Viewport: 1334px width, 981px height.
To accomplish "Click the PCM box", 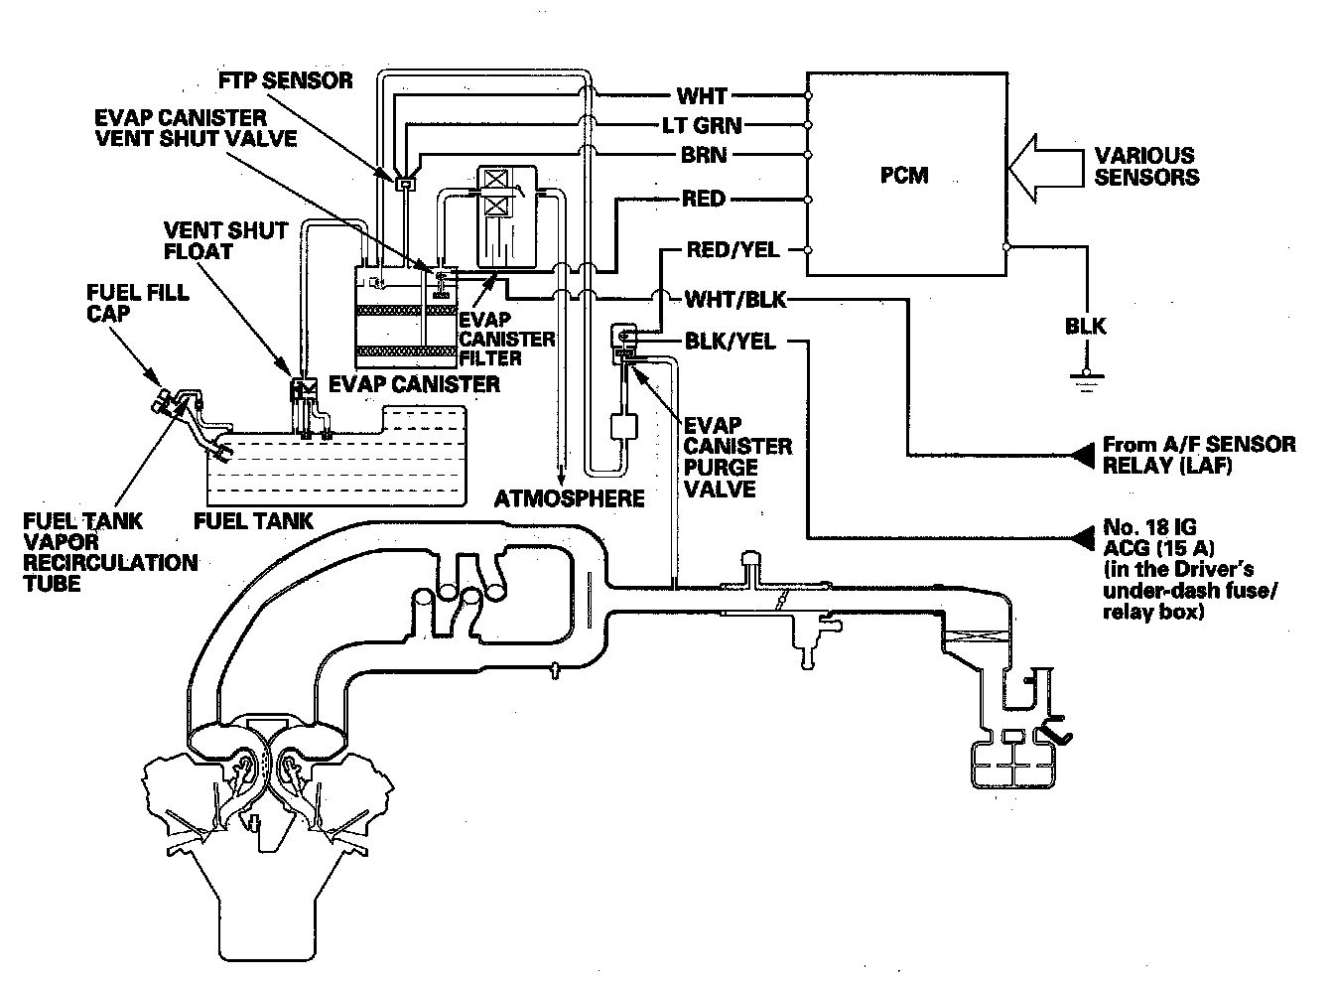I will pos(904,174).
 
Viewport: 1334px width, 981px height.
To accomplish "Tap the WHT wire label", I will pos(702,96).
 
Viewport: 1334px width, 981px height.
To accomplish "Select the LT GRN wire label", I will pos(702,126).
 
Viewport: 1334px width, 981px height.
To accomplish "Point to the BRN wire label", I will pos(704,155).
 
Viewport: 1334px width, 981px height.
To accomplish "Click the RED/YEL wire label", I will pos(733,249).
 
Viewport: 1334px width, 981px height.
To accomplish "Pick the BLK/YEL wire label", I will pos(730,342).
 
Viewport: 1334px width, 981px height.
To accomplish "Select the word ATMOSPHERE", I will pos(570,498).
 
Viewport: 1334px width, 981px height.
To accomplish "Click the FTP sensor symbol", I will pos(404,183).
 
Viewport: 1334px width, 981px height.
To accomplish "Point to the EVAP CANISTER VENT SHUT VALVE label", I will pos(195,127).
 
